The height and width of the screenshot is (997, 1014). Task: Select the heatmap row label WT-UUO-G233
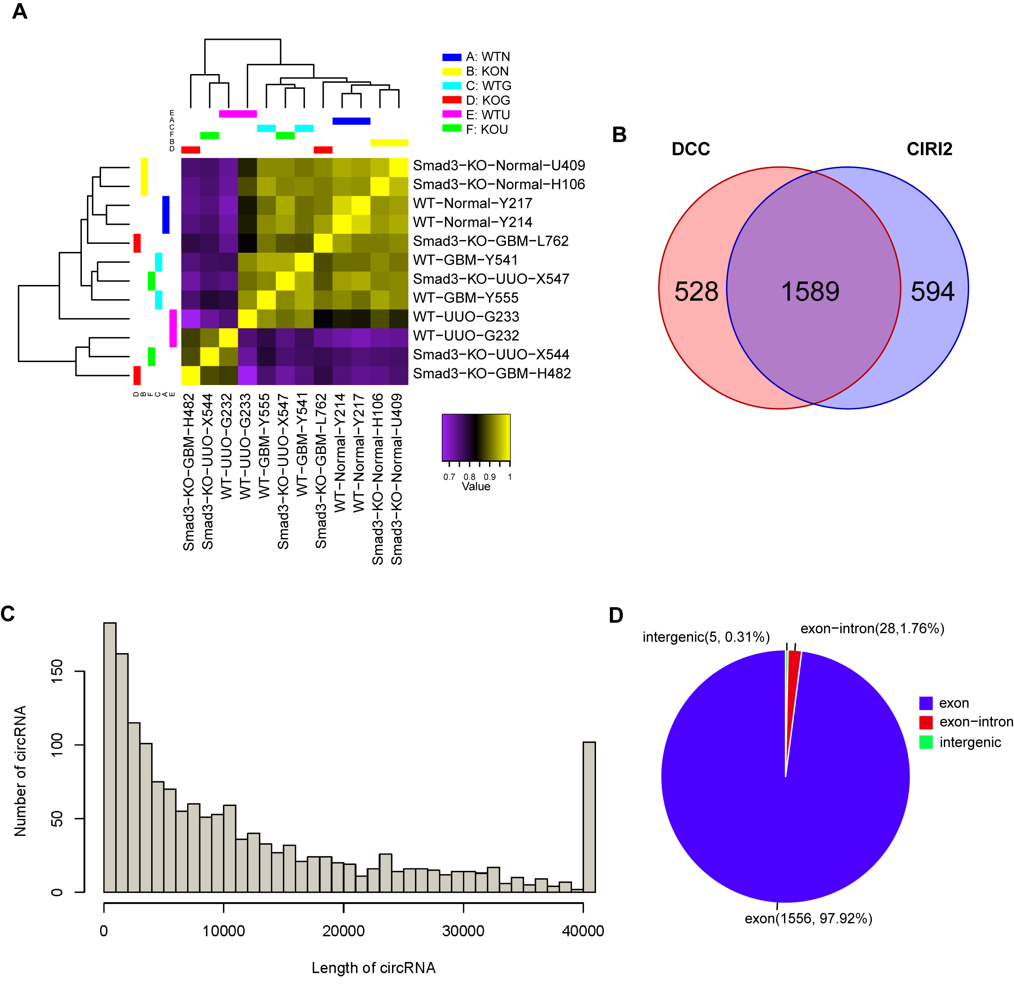tap(466, 317)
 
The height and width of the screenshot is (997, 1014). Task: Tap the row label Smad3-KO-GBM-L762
tap(490, 241)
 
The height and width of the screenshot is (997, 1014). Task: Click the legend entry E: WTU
tap(487, 115)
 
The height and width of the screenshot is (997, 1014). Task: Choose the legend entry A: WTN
tap(487, 57)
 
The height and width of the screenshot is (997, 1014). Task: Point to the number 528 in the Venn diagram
tap(696, 291)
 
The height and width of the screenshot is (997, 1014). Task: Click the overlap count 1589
tap(810, 291)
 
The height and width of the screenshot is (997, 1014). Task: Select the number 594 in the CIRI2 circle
tap(932, 291)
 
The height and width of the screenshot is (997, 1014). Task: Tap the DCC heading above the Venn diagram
tap(690, 149)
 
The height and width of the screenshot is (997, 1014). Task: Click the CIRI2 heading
tap(929, 149)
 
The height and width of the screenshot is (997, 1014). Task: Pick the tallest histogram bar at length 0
tap(110, 754)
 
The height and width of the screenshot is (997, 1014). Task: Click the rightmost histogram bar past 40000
tap(589, 817)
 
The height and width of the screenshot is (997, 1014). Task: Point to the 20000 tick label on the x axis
tap(343, 931)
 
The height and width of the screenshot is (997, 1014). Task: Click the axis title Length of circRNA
tap(373, 968)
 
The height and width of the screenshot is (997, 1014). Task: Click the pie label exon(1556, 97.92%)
tap(808, 919)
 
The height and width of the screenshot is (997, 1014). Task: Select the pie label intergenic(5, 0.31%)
tap(706, 637)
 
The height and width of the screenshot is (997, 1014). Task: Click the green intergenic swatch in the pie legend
tap(926, 742)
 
